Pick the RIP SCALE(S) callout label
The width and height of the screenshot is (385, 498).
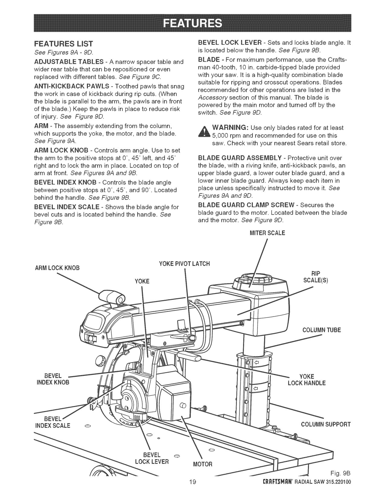315,276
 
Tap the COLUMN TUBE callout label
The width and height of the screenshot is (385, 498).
321,330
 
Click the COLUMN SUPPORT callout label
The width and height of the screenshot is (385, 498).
326,424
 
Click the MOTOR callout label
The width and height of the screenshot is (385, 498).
203,464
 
